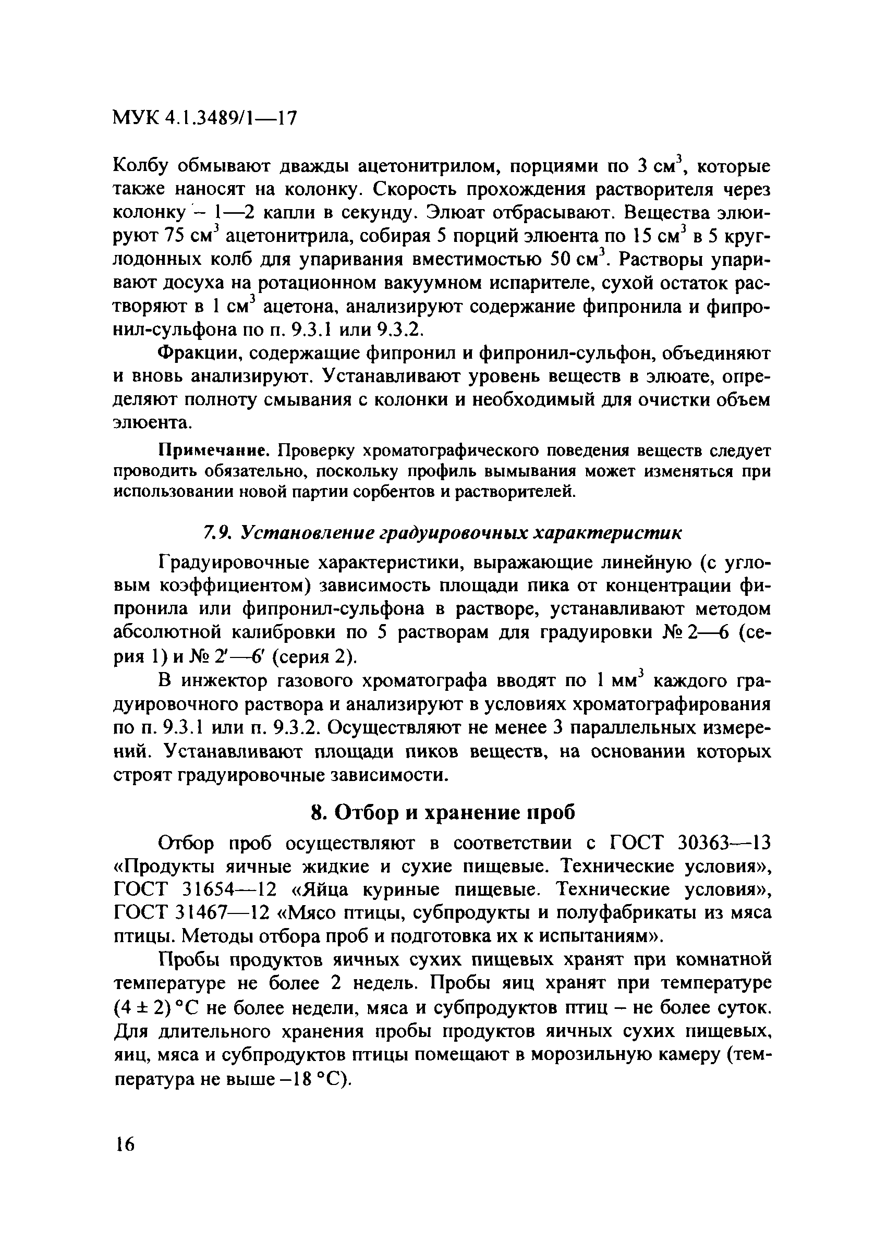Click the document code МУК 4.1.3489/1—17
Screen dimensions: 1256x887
[x=204, y=118]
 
